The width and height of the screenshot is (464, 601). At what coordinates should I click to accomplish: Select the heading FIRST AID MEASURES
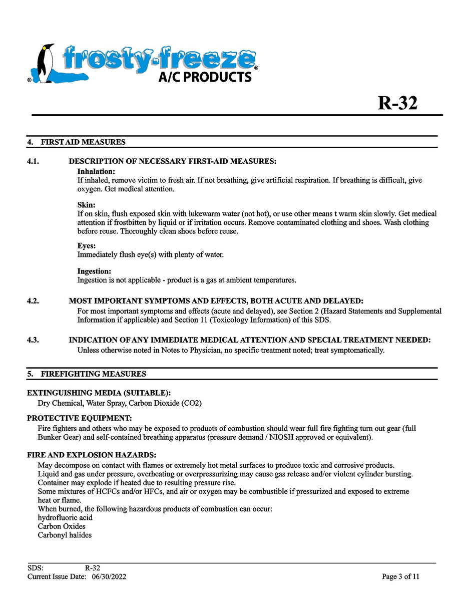[x=83, y=142]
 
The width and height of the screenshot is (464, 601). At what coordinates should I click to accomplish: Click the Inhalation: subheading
[x=96, y=171]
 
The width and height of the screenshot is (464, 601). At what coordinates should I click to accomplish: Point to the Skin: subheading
[x=86, y=205]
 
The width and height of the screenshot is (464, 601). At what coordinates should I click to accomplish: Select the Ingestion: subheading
[x=94, y=271]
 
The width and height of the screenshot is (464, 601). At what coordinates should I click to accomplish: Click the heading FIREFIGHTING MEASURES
[x=93, y=374]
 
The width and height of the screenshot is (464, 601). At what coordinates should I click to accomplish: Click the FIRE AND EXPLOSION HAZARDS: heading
[x=92, y=455]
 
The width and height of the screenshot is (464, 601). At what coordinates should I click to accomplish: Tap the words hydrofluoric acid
[x=65, y=517]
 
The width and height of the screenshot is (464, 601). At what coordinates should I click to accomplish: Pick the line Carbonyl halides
[x=65, y=535]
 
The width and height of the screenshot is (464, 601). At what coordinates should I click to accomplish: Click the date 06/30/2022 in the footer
[x=109, y=576]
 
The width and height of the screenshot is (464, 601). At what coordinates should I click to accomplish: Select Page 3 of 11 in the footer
[x=400, y=576]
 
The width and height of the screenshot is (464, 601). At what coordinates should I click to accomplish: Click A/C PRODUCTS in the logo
[x=205, y=77]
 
